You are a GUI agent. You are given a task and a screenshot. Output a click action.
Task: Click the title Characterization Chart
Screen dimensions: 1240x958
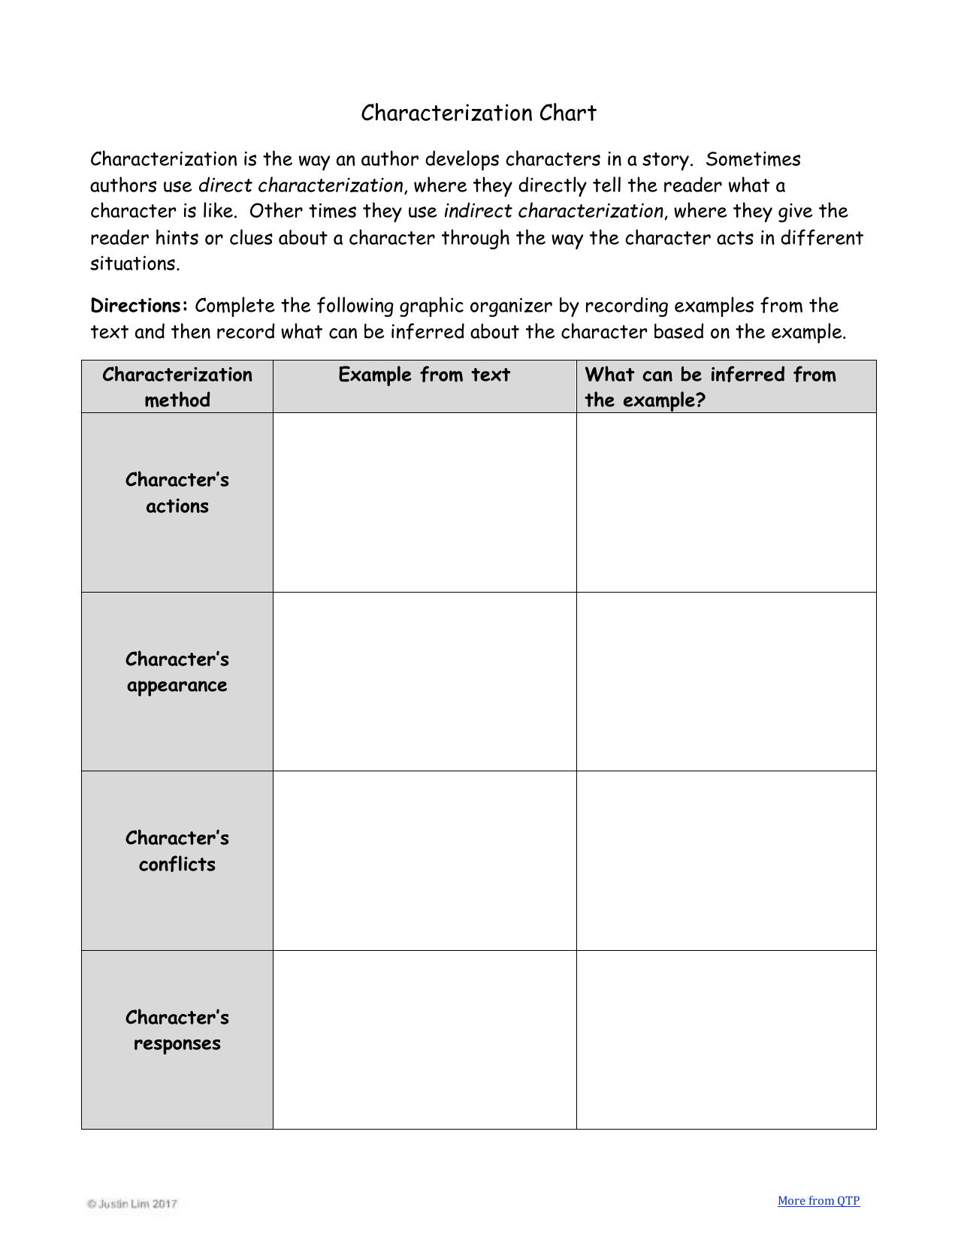(478, 113)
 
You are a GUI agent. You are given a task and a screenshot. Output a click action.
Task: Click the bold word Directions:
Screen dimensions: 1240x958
(138, 306)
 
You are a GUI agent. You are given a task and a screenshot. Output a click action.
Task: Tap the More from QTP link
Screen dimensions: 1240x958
(818, 1200)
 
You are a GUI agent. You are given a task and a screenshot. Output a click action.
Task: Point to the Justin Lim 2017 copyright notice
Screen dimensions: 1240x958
(132, 1203)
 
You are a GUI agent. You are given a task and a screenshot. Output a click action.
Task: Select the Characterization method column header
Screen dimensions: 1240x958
(177, 387)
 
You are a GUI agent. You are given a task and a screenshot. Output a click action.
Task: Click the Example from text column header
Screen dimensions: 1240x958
(424, 375)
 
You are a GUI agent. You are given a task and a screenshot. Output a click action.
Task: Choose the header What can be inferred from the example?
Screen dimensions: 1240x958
(710, 387)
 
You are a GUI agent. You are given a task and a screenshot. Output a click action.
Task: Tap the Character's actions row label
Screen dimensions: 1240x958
(177, 493)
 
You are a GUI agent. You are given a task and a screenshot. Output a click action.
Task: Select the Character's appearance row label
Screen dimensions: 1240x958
(177, 672)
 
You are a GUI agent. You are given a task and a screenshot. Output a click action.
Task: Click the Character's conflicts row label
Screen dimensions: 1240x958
(177, 851)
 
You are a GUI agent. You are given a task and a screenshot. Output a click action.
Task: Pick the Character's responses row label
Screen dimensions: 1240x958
(177, 1030)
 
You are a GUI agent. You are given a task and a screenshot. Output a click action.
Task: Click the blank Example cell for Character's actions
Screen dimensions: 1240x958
(425, 502)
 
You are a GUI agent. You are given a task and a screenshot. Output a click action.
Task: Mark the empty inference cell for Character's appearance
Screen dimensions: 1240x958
(726, 681)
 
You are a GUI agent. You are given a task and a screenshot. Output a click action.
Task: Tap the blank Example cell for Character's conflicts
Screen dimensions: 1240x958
(425, 860)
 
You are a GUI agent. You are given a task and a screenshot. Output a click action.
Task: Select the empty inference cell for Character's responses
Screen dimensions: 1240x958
(726, 1039)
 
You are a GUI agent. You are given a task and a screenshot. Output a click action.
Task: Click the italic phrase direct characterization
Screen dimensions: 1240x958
(301, 186)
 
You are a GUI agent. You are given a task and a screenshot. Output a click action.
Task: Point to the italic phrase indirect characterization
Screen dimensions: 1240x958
(554, 211)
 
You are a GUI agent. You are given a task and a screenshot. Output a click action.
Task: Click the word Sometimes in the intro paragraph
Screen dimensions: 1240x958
(753, 159)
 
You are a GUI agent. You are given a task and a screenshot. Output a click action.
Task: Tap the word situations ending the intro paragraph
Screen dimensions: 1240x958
(134, 264)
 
